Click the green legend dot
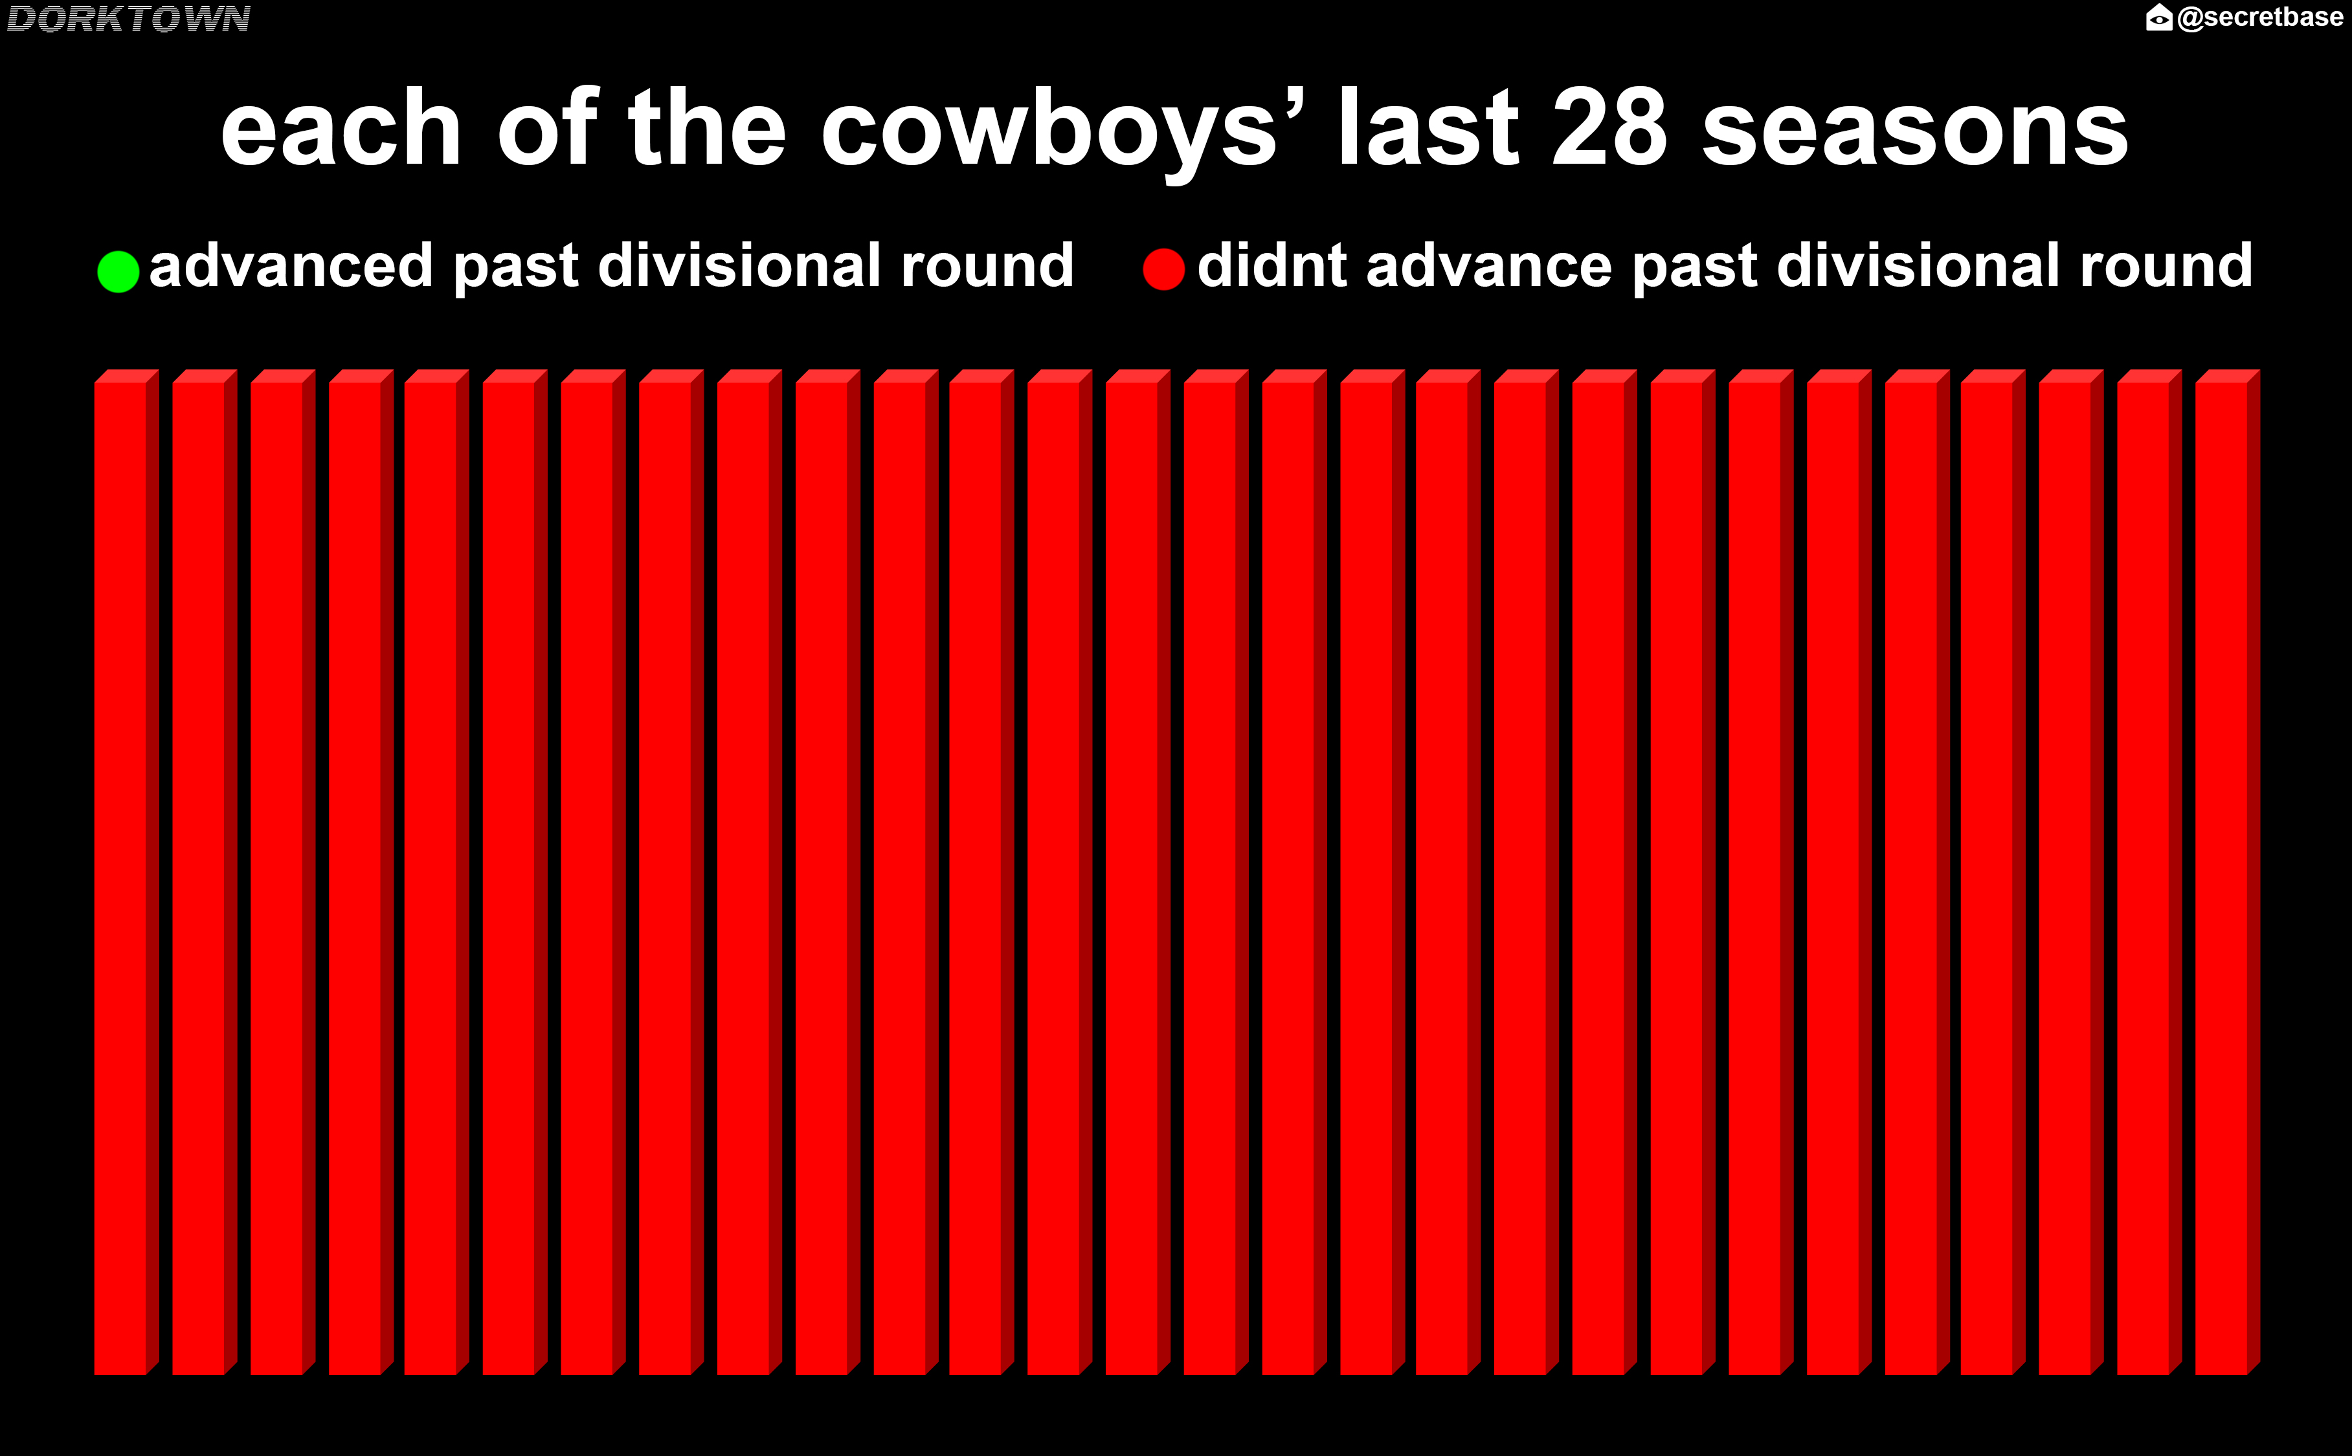pyautogui.click(x=118, y=272)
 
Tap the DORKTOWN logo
pyautogui.click(x=128, y=18)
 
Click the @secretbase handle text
pyautogui.click(x=2259, y=17)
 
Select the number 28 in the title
pyautogui.click(x=1609, y=128)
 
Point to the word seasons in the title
pyautogui.click(x=1916, y=131)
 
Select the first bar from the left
pyautogui.click(x=126, y=872)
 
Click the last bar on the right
pyautogui.click(x=2228, y=872)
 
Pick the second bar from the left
pyautogui.click(x=204, y=872)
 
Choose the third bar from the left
pyautogui.click(x=282, y=872)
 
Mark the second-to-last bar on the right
pyautogui.click(x=2150, y=872)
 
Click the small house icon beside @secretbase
pyautogui.click(x=2159, y=17)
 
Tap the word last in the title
pyautogui.click(x=1429, y=128)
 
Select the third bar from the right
pyautogui.click(x=2072, y=872)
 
